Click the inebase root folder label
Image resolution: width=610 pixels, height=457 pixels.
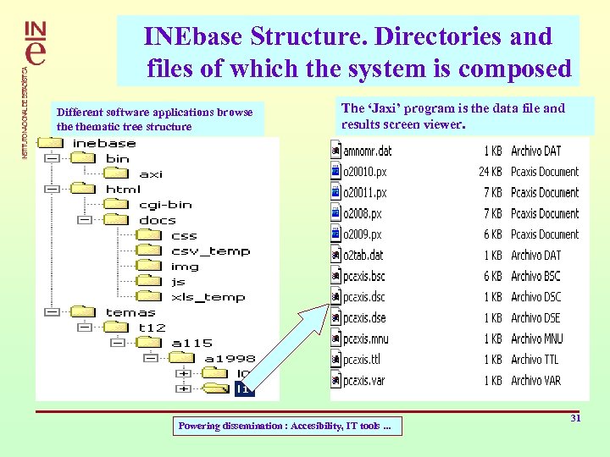tap(104, 143)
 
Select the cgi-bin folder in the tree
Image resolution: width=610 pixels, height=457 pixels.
tap(165, 204)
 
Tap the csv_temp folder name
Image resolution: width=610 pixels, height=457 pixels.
tap(210, 251)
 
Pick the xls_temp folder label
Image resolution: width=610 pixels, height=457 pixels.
tap(208, 297)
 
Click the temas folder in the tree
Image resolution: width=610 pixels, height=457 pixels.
tap(130, 312)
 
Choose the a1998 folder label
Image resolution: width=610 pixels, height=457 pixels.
tap(229, 358)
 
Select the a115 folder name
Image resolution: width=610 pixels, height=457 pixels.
tap(191, 343)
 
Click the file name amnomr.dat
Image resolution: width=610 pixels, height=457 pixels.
tap(368, 151)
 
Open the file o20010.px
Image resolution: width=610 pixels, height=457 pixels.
tap(364, 172)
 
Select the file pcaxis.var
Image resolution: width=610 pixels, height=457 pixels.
tap(364, 381)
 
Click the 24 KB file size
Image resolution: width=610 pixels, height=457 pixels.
tap(490, 172)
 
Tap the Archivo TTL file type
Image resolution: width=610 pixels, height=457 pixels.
tap(535, 360)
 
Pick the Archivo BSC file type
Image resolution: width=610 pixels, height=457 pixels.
tap(535, 276)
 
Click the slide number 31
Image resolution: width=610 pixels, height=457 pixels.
tap(575, 418)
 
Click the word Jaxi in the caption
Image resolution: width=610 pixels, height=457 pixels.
tap(387, 108)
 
